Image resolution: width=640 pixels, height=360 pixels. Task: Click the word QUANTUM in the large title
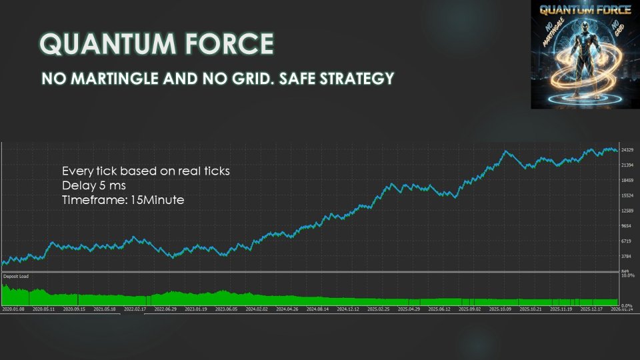click(93, 44)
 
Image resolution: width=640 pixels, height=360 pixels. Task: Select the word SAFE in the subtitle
click(304, 79)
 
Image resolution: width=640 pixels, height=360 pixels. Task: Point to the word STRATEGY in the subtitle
click(363, 79)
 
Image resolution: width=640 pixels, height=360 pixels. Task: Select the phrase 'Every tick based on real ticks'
click(145, 171)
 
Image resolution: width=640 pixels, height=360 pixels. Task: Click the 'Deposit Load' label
click(16, 276)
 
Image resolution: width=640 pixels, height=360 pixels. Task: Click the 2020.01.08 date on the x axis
click(13, 309)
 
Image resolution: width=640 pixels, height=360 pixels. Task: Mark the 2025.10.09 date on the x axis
click(500, 309)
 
